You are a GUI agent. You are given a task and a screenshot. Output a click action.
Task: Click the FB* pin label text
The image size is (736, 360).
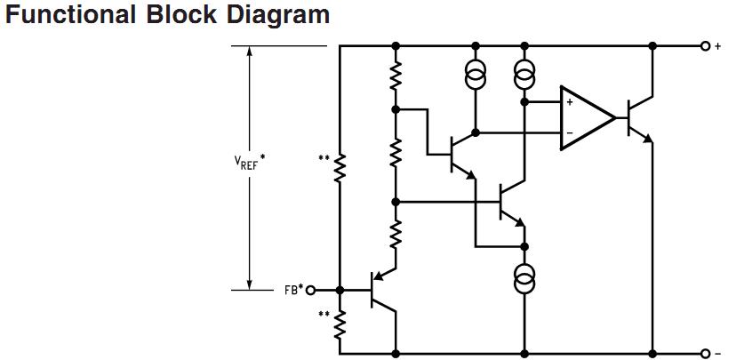293,290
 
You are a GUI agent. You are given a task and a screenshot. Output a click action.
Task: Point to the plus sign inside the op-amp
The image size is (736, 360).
569,101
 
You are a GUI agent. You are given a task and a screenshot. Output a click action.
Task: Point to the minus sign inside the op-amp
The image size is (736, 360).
569,134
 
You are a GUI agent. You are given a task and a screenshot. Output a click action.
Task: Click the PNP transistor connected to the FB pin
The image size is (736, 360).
381,290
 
